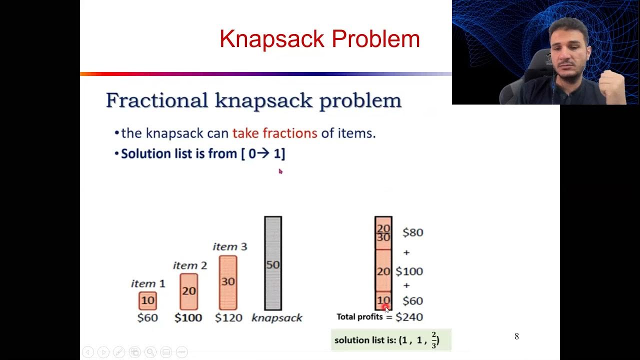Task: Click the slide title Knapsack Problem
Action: [319, 39]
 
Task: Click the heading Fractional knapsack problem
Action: [253, 100]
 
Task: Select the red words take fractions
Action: [274, 133]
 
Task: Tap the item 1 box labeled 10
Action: [147, 300]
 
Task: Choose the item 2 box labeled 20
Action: [189, 291]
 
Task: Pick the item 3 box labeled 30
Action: [228, 282]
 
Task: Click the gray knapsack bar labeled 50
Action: [273, 263]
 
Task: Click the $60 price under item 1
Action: [147, 317]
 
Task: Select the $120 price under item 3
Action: [228, 317]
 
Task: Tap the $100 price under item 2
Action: [188, 317]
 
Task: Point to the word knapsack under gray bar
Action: [276, 317]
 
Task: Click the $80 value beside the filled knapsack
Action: [412, 232]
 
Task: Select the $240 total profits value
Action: [409, 317]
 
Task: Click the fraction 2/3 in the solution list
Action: [433, 340]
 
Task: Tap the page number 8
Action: [516, 336]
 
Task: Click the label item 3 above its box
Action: [229, 246]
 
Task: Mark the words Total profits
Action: [359, 317]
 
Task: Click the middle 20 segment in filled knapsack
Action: [383, 271]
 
